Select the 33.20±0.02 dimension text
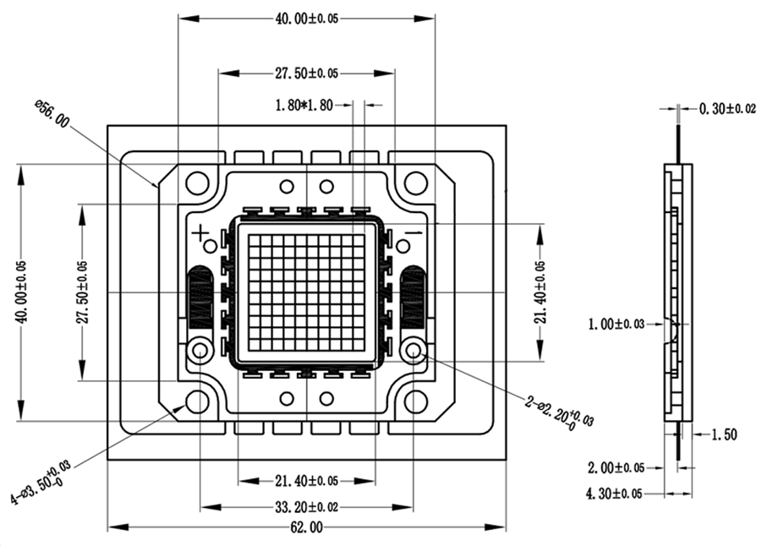[x=305, y=507]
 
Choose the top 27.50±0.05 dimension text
[x=306, y=74]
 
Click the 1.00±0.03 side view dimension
[x=616, y=323]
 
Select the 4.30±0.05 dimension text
[x=616, y=493]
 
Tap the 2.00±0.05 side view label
[x=616, y=467]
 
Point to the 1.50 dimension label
[x=725, y=434]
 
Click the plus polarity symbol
[x=200, y=232]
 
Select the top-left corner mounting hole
[x=197, y=182]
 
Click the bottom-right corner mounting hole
[x=415, y=401]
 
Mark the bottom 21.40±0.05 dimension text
[x=305, y=480]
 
